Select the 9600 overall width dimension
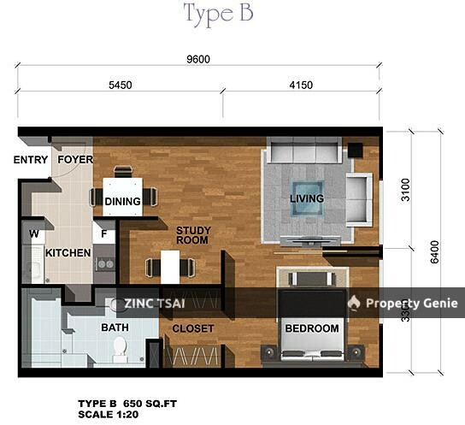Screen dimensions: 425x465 [198, 59]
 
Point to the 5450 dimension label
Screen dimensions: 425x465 [120, 86]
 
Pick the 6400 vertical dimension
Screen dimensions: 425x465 [434, 251]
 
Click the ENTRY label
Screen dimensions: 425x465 [31, 160]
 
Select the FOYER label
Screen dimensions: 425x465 [74, 160]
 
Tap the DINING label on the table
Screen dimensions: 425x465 [123, 202]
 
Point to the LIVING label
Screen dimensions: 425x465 [306, 199]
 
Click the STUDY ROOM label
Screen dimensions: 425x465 [192, 235]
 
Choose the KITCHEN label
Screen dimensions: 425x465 [68, 253]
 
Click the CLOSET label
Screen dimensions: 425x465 [192, 328]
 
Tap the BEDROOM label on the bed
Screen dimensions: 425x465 [311, 328]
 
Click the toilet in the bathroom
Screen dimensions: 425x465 [120, 346]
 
